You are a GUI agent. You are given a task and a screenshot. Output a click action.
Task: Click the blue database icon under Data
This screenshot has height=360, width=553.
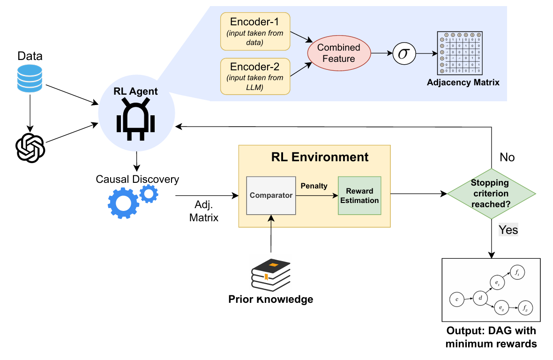(x=30, y=79)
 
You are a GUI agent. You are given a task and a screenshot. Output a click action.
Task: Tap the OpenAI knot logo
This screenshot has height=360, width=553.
(x=30, y=148)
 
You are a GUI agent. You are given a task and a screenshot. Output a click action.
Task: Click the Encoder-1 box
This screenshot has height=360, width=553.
(x=255, y=31)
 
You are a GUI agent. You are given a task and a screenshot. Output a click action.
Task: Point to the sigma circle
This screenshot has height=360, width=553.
(x=404, y=53)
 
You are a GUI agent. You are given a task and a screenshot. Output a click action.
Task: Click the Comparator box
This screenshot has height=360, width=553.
(x=271, y=195)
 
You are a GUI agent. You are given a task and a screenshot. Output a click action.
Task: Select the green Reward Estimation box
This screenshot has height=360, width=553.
(x=359, y=195)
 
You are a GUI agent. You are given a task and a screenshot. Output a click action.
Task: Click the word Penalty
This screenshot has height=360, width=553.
(x=314, y=186)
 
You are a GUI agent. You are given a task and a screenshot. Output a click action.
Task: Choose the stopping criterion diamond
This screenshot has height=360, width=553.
(x=491, y=194)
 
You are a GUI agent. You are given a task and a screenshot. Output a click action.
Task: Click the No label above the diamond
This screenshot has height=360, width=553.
(x=507, y=157)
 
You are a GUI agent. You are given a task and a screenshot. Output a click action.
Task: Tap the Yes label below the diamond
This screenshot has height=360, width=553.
(x=508, y=230)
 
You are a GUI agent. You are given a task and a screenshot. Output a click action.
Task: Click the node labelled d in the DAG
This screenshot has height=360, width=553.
(x=480, y=298)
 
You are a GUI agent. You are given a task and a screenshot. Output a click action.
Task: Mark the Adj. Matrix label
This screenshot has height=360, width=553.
(x=204, y=211)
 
